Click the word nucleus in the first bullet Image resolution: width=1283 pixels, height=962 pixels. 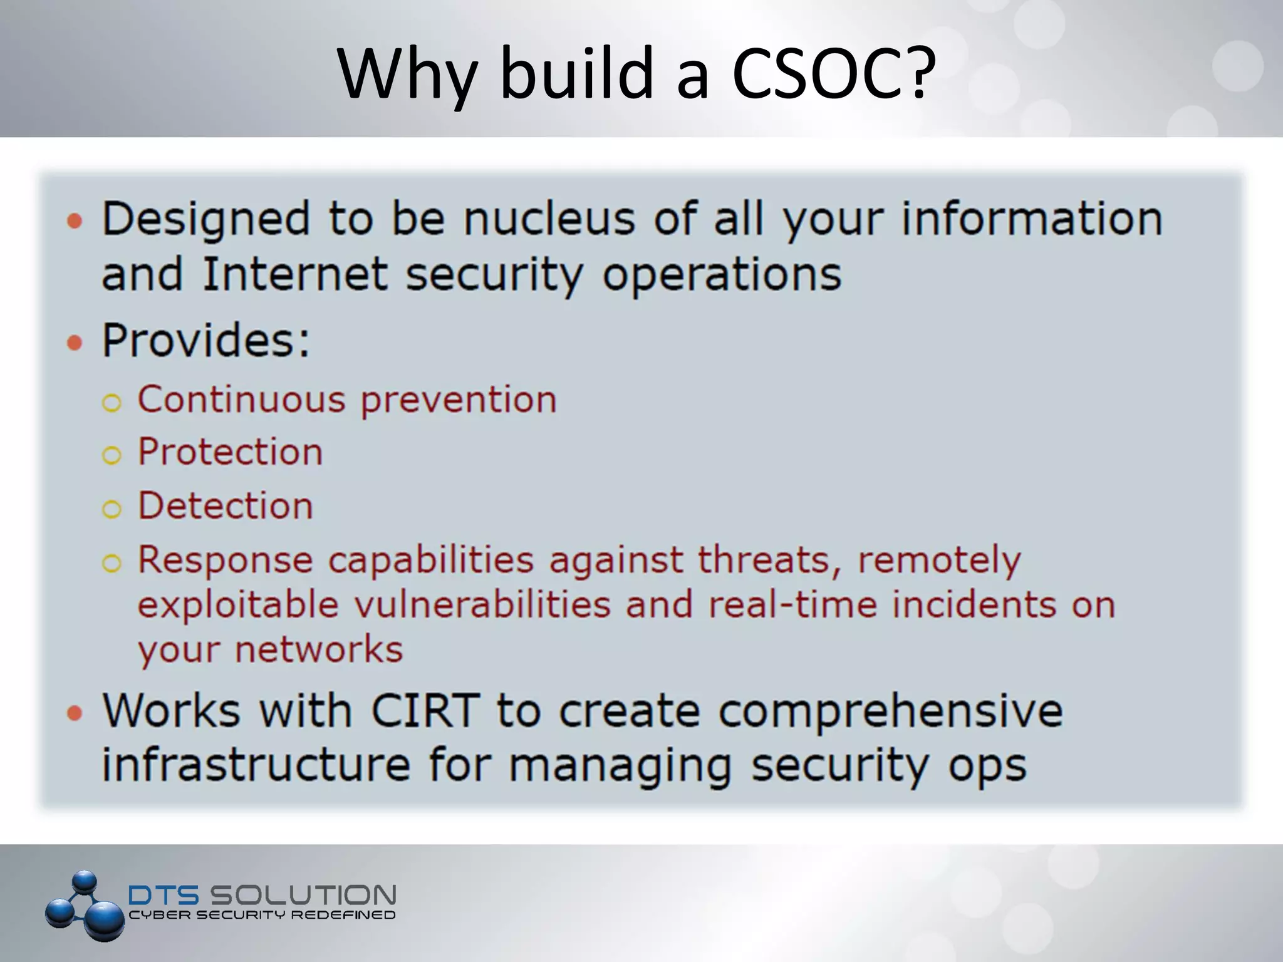coord(549,219)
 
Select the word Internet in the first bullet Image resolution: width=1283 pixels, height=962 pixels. coord(294,274)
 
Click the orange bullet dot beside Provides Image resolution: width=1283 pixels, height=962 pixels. coord(75,343)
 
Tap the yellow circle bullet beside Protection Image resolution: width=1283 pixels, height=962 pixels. coord(112,455)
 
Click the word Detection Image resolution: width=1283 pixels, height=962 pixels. coord(225,505)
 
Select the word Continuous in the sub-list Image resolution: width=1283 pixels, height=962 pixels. coord(241,399)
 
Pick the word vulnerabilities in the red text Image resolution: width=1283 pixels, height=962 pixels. coord(482,605)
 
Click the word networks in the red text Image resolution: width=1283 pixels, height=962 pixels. coord(318,649)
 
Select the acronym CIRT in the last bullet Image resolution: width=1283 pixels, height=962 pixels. coord(425,711)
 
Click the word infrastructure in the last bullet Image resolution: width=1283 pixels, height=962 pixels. coord(256,765)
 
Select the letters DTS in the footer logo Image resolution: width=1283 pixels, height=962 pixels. coord(163,895)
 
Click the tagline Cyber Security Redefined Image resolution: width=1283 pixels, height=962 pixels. coord(262,915)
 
